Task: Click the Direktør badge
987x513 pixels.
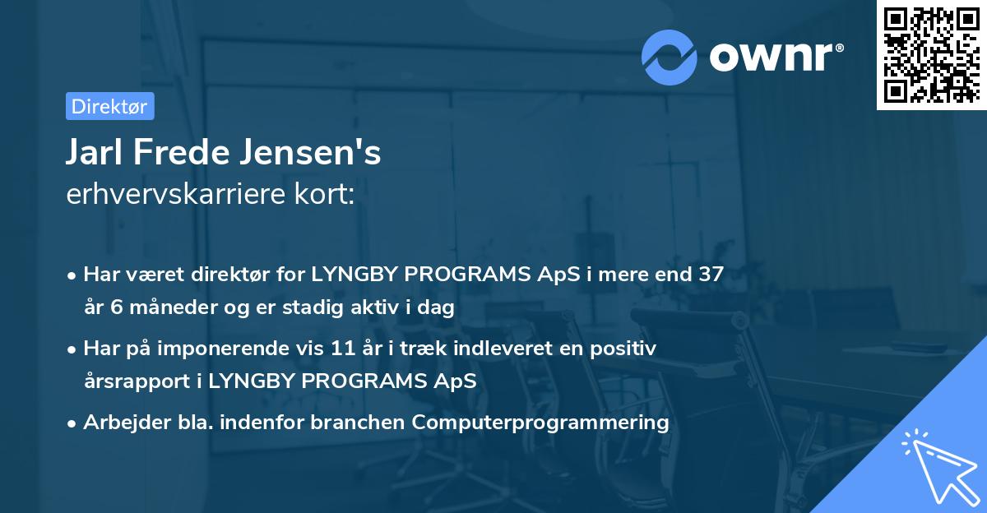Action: (x=109, y=106)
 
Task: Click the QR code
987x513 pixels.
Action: (x=931, y=55)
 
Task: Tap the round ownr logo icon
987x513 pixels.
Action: (x=670, y=58)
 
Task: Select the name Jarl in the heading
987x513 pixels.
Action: (x=92, y=153)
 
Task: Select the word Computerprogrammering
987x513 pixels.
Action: (x=540, y=423)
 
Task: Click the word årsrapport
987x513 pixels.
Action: (x=136, y=381)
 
